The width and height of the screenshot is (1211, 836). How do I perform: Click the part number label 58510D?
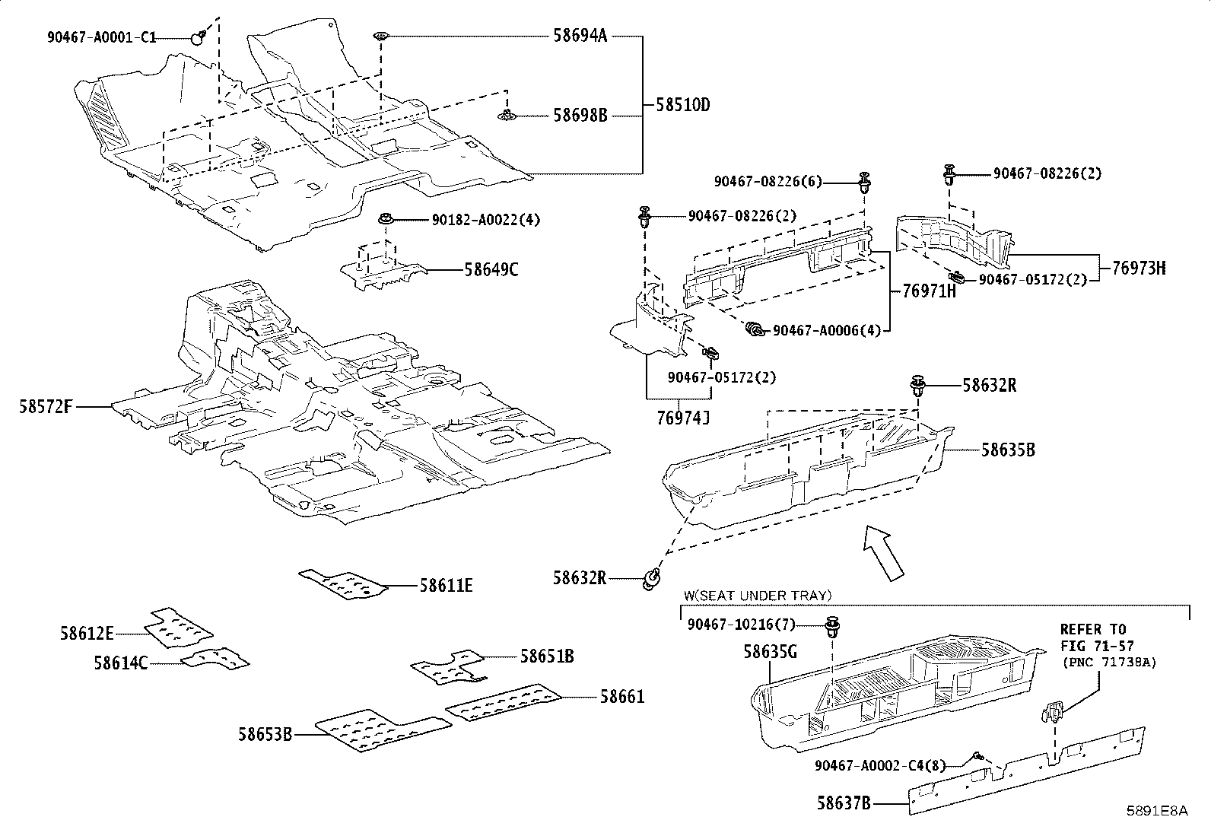point(682,105)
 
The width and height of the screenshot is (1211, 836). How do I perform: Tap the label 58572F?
point(46,407)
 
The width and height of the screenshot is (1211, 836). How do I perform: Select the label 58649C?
point(491,269)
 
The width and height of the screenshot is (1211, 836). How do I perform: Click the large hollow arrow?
point(882,552)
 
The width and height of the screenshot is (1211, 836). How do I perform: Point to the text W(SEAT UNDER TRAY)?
point(758,596)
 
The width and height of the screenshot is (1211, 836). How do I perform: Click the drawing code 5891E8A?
point(1156,811)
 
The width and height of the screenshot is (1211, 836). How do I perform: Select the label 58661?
point(621,696)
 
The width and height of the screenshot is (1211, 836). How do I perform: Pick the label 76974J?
point(683,418)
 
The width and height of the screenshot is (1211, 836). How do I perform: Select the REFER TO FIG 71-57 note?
point(1108,645)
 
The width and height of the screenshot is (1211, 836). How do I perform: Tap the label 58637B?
point(844,802)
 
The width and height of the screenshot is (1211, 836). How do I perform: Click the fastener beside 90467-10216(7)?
point(834,628)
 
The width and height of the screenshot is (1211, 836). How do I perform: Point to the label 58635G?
point(770,651)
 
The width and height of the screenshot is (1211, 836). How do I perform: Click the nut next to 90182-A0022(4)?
point(386,220)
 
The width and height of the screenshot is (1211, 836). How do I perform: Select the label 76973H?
point(1139,268)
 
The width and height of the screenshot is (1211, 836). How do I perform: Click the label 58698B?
point(580,116)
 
